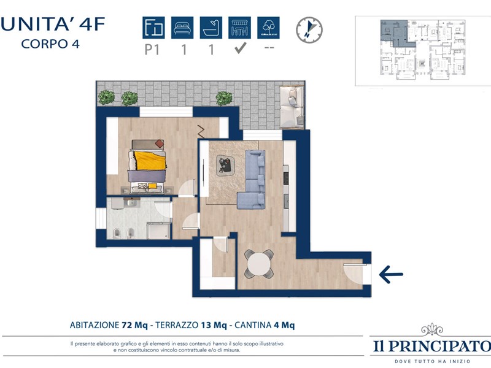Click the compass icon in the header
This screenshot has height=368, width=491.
(x=309, y=30)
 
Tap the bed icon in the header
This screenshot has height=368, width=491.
(x=182, y=28)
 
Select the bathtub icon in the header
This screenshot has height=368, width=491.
(x=211, y=28)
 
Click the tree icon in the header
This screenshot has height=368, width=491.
(x=268, y=28)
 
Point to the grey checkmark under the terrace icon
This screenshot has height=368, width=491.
(x=241, y=48)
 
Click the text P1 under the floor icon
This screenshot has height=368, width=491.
(x=152, y=50)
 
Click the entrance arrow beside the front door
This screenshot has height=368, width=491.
(x=391, y=274)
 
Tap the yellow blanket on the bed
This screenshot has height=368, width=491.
(x=150, y=160)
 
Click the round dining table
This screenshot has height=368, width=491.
(x=259, y=264)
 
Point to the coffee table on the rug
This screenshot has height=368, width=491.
(x=225, y=164)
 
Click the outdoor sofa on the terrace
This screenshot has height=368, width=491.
(x=292, y=107)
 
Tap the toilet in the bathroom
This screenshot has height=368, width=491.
(x=117, y=233)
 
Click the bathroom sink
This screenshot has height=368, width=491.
(x=132, y=203)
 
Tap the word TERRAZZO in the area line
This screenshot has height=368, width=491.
(x=177, y=325)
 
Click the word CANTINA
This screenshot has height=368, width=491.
(x=253, y=325)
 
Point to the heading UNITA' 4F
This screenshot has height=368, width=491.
(x=53, y=24)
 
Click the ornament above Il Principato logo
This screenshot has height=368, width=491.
(x=432, y=330)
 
